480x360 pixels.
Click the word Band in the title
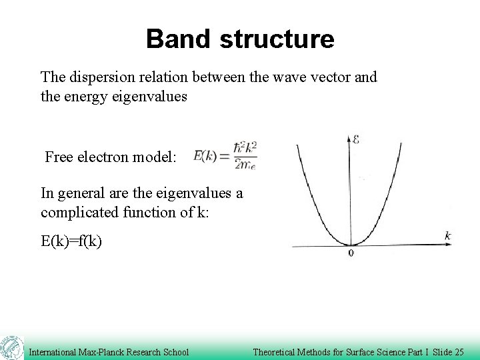point(179,39)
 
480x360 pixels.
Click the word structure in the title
point(277,39)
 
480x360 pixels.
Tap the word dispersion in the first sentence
point(99,77)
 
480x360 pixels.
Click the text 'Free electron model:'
point(111,157)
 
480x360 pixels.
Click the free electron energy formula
point(225,155)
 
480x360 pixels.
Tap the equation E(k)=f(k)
point(71,241)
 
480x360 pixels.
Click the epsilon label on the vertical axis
point(356,140)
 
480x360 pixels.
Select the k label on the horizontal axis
point(448,235)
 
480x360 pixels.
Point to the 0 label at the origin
point(351,253)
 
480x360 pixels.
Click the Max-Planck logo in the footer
point(11,348)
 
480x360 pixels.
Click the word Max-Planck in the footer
point(103,352)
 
